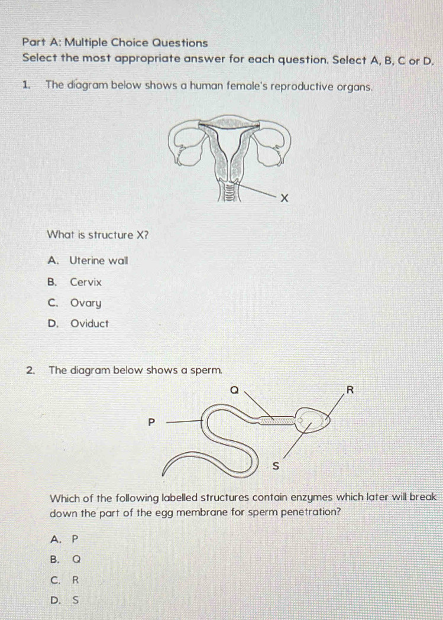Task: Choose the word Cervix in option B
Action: (86, 283)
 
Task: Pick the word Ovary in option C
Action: (86, 304)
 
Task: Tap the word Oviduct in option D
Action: (89, 324)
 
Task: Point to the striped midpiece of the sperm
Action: (275, 421)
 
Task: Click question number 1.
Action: (26, 85)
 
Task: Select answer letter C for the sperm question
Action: (56, 580)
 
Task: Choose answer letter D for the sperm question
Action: (56, 602)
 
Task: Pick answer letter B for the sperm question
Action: (56, 560)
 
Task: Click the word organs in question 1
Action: (355, 85)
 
